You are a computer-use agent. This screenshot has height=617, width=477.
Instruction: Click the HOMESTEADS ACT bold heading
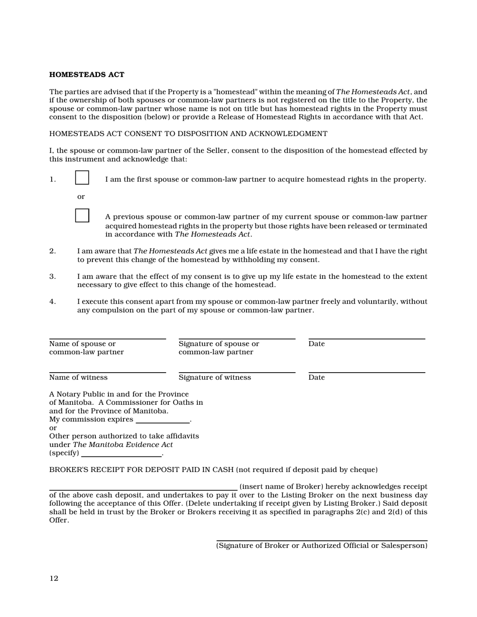[x=86, y=75]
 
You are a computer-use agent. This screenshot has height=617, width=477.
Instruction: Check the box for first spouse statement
[x=82, y=178]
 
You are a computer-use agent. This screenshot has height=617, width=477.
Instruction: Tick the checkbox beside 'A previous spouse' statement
[x=82, y=215]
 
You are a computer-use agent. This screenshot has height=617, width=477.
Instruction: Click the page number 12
[x=54, y=578]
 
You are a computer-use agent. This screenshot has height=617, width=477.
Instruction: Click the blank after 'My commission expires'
[x=163, y=422]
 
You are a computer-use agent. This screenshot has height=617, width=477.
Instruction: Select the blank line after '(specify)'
[x=121, y=455]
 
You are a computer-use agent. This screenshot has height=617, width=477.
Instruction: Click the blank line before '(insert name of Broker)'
[x=143, y=489]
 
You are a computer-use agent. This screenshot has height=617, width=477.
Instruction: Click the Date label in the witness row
[x=316, y=377]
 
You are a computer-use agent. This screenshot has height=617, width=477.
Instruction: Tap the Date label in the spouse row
[x=316, y=344]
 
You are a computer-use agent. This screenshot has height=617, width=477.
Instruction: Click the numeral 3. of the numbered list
[x=53, y=276]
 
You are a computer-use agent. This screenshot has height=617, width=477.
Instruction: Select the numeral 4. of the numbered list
[x=53, y=301]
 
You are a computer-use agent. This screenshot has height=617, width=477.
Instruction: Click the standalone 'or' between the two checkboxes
[x=81, y=197]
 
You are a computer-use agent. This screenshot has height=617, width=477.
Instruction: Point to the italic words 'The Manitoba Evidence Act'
[x=123, y=444]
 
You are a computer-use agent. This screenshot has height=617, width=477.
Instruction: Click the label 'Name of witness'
[x=78, y=377]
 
